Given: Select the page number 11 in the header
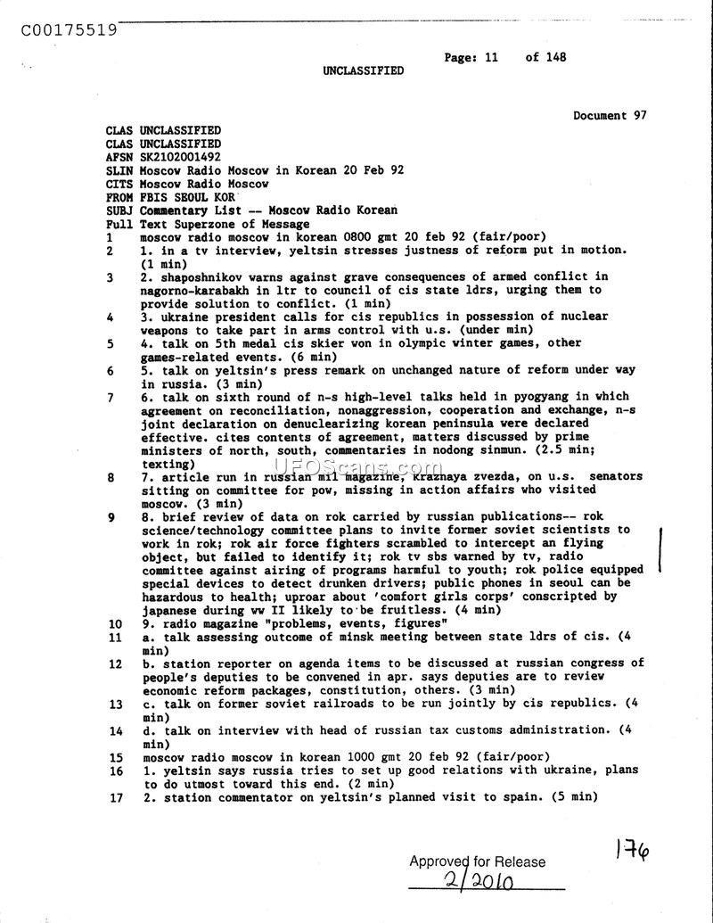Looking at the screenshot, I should pos(491,57).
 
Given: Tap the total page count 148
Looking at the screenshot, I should pos(554,57).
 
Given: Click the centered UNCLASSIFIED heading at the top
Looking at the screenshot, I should pos(363,70).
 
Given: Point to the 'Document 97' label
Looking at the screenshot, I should pos(610,115).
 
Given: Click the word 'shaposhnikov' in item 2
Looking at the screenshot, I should pos(198,277).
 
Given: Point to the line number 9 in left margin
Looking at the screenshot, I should pos(110,516).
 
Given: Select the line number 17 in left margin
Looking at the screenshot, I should pos(115,797).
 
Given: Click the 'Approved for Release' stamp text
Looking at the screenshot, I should pos(477,861).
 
